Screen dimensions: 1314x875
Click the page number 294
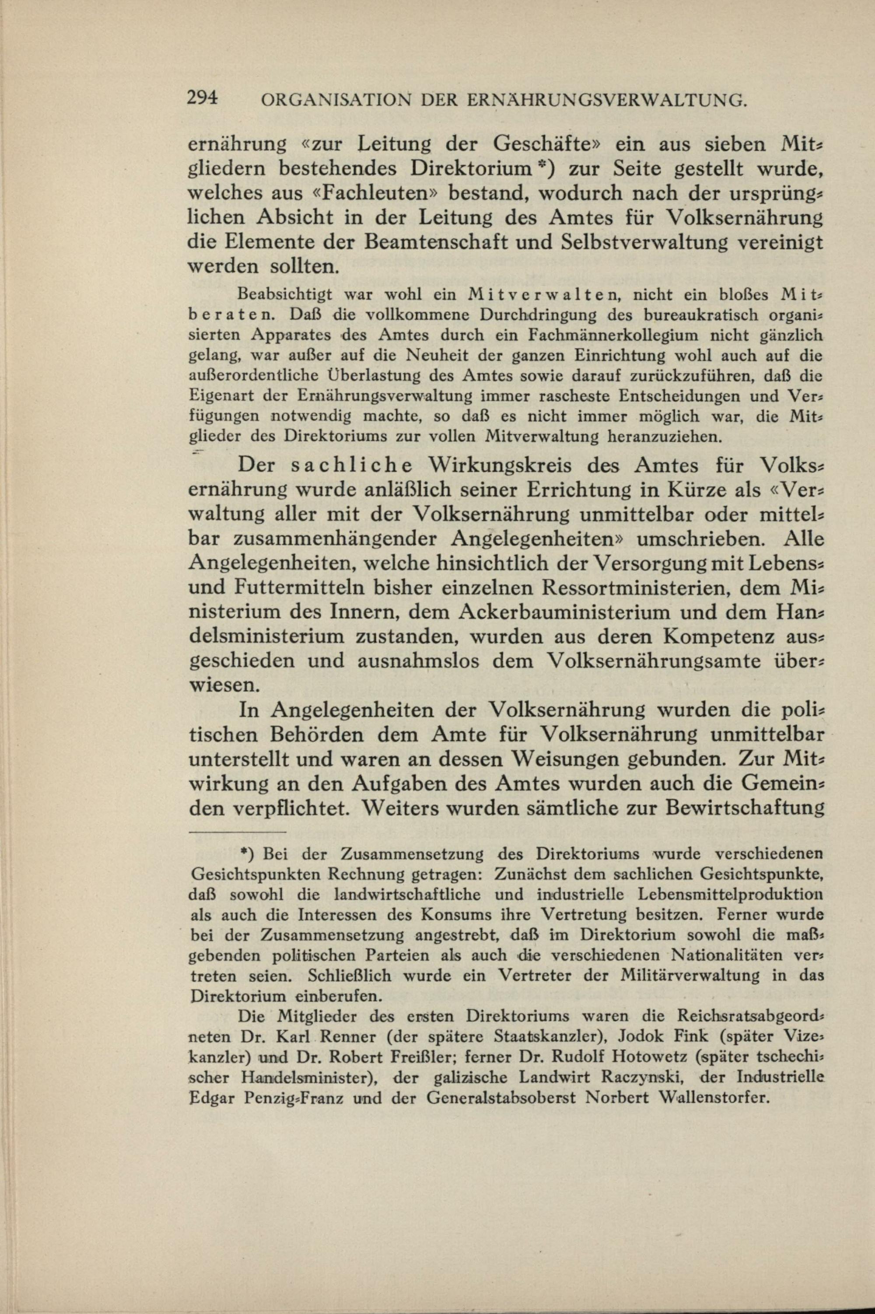[203, 99]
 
